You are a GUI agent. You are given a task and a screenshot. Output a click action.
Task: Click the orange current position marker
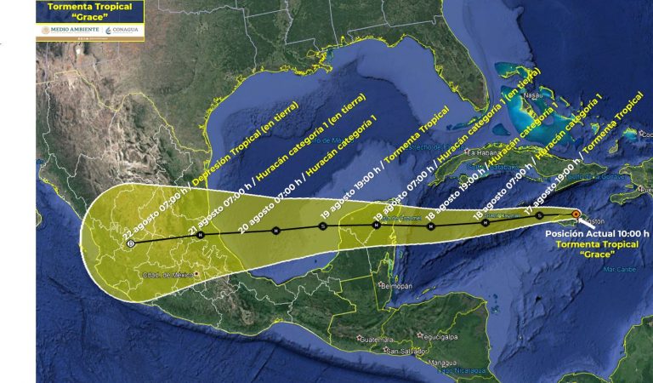click(x=576, y=214)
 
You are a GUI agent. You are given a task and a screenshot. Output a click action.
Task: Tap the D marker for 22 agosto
click(x=130, y=243)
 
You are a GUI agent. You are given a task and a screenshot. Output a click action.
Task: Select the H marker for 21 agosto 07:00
click(x=200, y=235)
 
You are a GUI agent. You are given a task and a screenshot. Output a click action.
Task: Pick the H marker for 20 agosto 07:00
click(x=275, y=231)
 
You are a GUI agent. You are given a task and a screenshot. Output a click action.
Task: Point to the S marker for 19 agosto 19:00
click(x=322, y=226)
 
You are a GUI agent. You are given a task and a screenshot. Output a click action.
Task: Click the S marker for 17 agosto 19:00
click(x=539, y=215)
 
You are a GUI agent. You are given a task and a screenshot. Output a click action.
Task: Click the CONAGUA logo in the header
click(x=122, y=30)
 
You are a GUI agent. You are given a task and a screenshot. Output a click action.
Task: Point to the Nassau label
click(x=532, y=95)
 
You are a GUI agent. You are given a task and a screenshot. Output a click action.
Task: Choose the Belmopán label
click(x=396, y=286)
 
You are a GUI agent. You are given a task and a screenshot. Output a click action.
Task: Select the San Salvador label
click(x=402, y=350)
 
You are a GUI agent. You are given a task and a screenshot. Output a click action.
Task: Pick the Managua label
click(x=442, y=362)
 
